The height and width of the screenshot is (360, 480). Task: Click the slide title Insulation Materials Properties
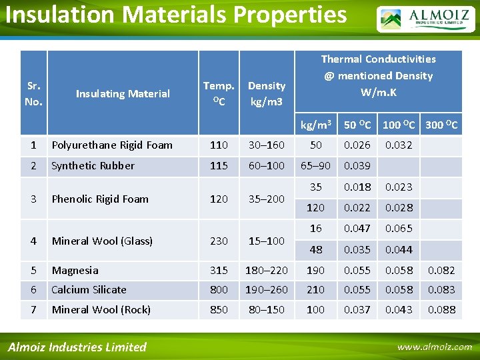tap(176, 15)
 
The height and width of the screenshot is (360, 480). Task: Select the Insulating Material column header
tap(123, 94)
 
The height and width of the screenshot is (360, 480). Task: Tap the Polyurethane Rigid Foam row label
tap(112, 145)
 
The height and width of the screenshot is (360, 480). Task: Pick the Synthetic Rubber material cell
tap(93, 166)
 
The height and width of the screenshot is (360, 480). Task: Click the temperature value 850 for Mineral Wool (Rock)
tap(219, 309)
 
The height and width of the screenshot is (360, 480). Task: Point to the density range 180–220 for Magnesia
tap(267, 271)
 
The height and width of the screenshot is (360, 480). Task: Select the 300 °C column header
tap(441, 125)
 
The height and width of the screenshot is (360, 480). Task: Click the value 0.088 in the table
tap(441, 309)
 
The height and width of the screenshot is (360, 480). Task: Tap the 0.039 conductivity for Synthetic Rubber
tap(357, 166)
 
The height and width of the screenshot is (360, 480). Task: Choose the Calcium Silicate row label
tap(89, 290)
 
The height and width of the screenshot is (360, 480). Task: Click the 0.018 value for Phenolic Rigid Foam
tap(357, 187)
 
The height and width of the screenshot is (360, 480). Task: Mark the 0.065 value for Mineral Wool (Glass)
tap(399, 229)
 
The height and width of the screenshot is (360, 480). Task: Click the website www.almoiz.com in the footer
tap(434, 347)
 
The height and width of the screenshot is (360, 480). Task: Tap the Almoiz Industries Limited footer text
tap(77, 347)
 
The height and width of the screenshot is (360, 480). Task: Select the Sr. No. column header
tap(33, 94)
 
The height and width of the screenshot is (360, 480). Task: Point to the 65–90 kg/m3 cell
tap(315, 166)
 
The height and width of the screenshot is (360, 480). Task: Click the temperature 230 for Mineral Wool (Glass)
tap(219, 241)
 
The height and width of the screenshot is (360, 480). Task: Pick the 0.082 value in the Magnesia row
tap(441, 271)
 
